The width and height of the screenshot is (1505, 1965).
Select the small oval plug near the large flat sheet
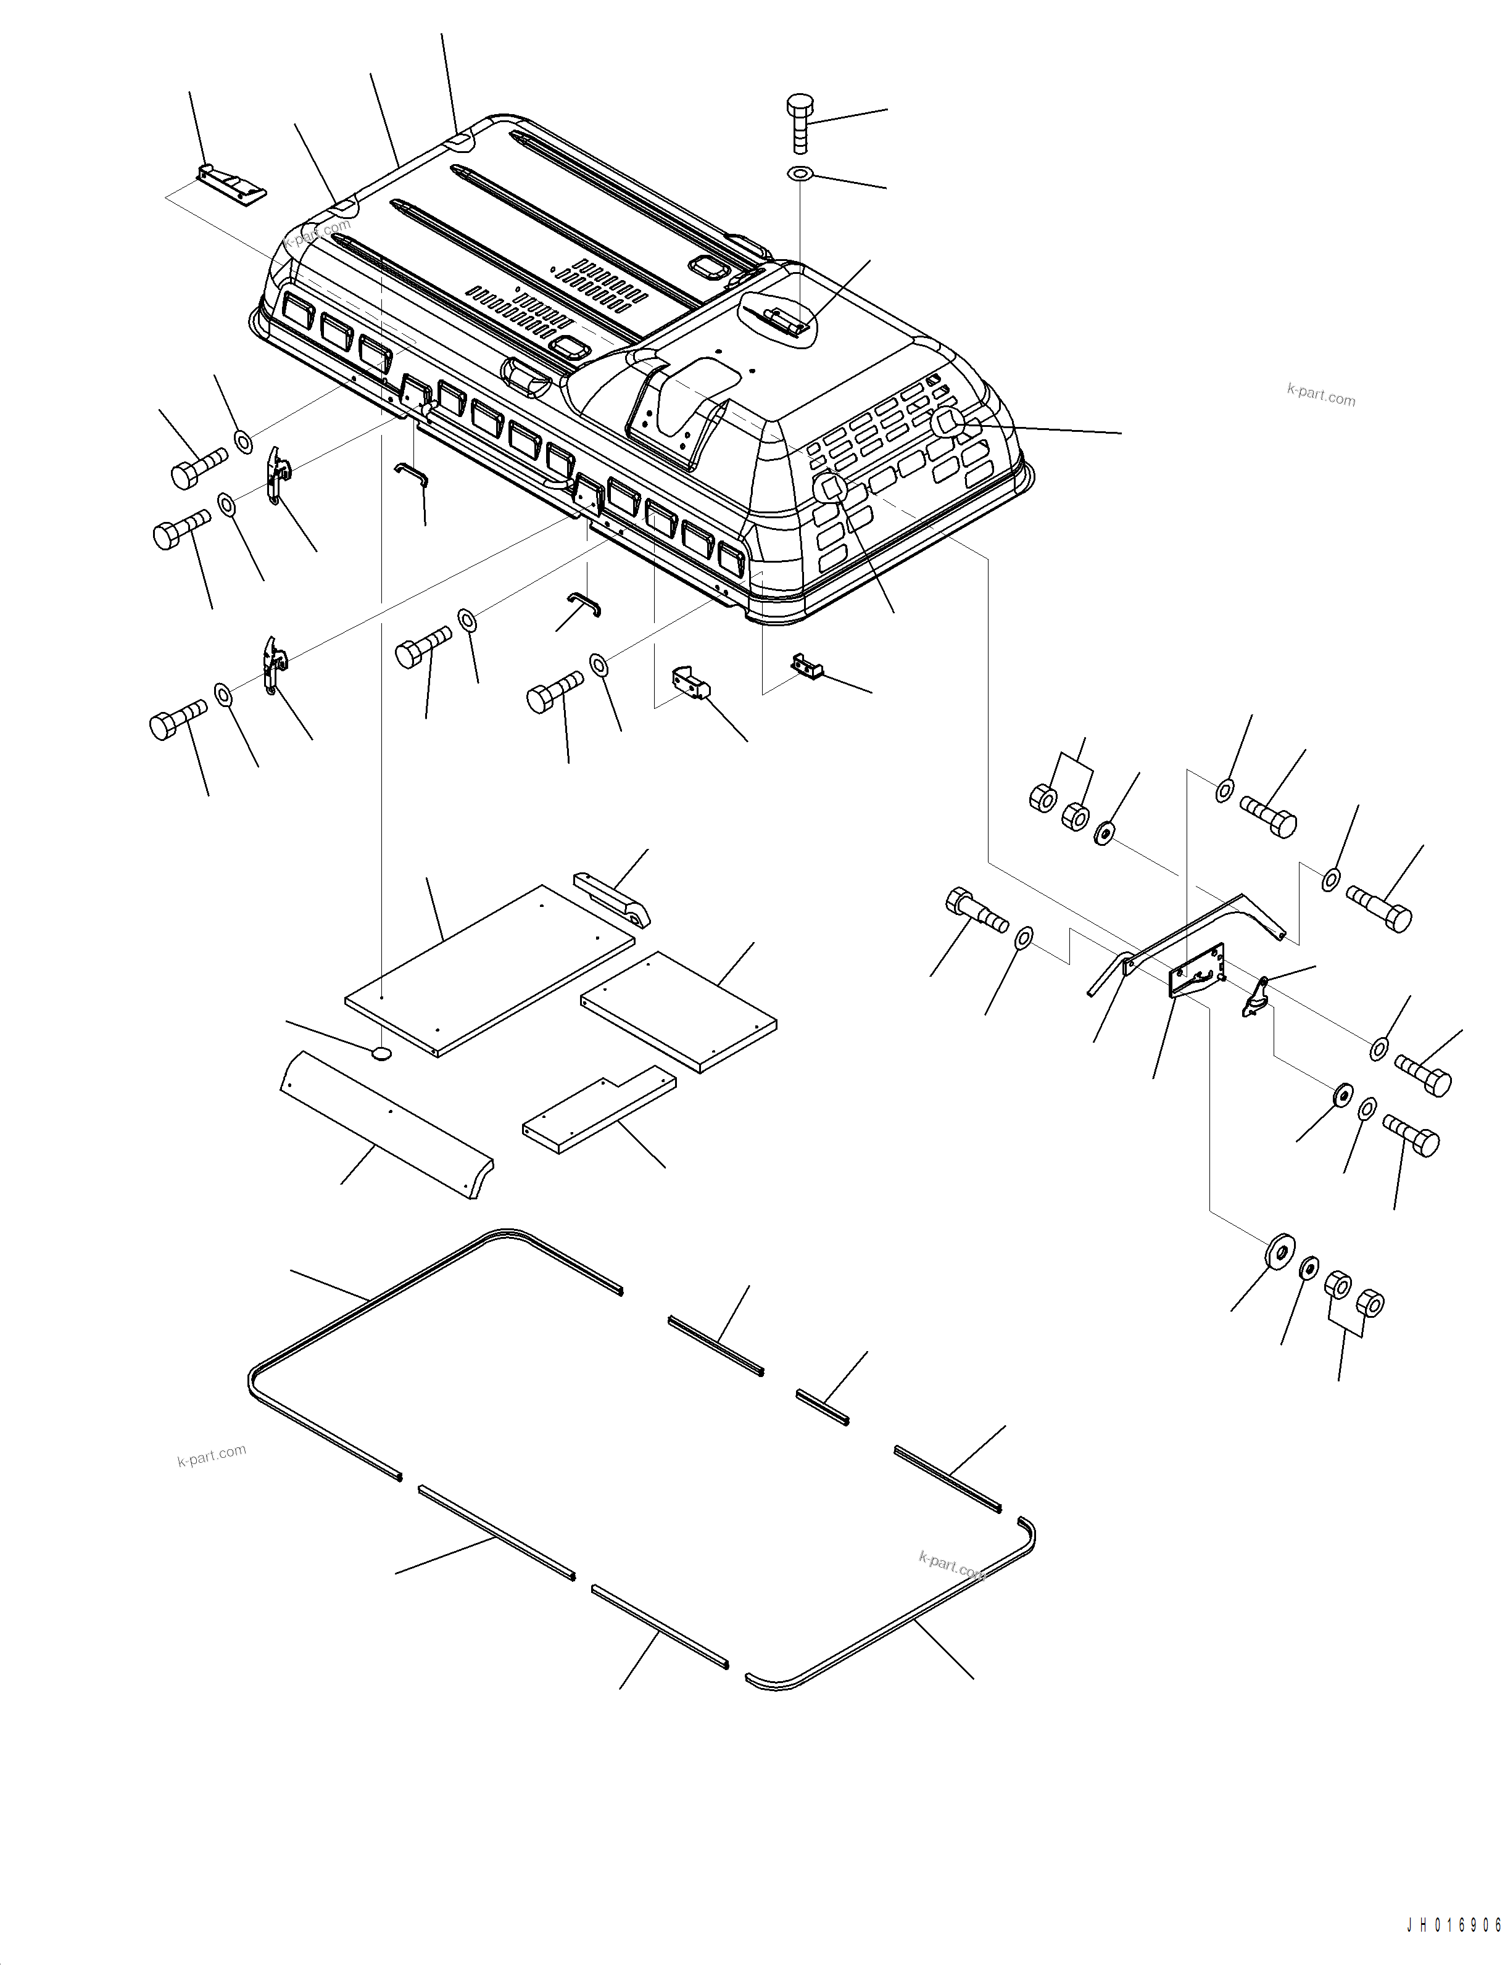click(381, 1053)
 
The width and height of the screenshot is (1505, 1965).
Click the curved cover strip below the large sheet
click(385, 1124)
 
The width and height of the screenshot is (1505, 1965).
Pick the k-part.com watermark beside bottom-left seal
click(212, 1455)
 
